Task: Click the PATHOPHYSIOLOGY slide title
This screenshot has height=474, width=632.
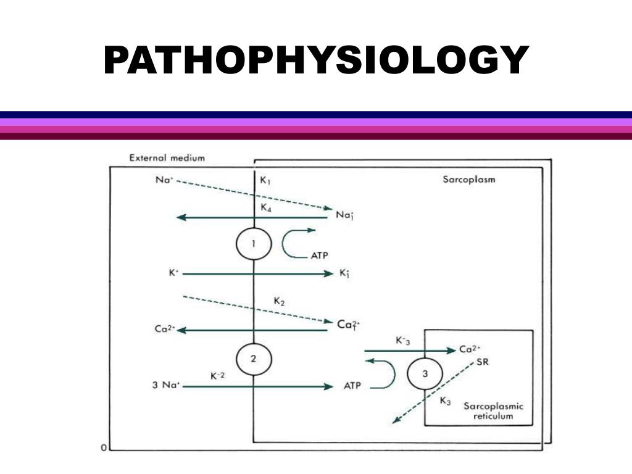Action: tap(315, 60)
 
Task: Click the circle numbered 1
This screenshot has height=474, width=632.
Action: tap(253, 244)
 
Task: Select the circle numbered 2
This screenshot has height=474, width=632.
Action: tap(253, 359)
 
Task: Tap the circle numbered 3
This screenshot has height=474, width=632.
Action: tap(424, 373)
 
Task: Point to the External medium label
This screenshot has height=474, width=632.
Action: tap(167, 157)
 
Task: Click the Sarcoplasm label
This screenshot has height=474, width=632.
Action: tap(469, 180)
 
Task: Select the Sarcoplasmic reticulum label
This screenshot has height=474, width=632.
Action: tap(493, 411)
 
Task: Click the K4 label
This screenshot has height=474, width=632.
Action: tap(266, 208)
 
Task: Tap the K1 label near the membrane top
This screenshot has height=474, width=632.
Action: tap(265, 181)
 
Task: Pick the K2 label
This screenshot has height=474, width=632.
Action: tap(279, 301)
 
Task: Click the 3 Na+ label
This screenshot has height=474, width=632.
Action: tap(166, 386)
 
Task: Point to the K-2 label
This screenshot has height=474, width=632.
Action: tap(217, 375)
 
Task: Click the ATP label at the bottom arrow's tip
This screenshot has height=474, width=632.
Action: tap(352, 386)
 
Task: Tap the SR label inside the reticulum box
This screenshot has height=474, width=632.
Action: tap(482, 362)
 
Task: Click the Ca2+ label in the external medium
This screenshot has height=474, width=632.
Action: tap(165, 329)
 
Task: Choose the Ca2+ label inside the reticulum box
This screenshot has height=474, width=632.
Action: tap(471, 349)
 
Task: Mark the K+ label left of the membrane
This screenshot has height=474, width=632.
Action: tap(173, 272)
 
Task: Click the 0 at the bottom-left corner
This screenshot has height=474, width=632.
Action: tap(104, 447)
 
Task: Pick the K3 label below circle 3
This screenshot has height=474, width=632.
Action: tap(445, 401)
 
